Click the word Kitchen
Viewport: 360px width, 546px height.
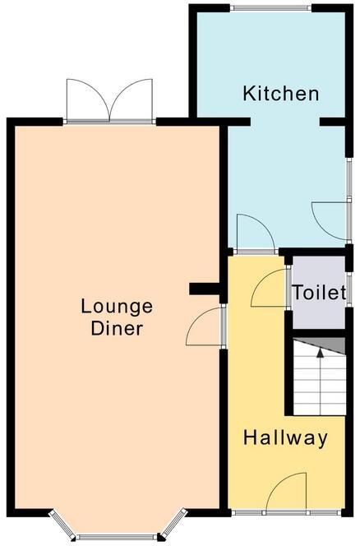pos(280,93)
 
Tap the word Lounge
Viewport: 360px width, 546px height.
pos(117,307)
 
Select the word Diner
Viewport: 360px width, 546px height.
pos(117,329)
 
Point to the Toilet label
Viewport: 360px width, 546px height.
pos(317,293)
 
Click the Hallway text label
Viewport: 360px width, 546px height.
pos(285,438)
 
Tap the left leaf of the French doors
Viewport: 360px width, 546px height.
pos(88,101)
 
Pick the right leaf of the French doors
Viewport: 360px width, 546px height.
pos(132,101)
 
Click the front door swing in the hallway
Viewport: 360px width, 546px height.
pos(288,494)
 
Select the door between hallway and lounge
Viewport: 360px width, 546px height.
pos(205,328)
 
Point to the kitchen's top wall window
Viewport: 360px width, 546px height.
pos(270,7)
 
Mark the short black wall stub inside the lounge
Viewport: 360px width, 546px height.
pos(205,288)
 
